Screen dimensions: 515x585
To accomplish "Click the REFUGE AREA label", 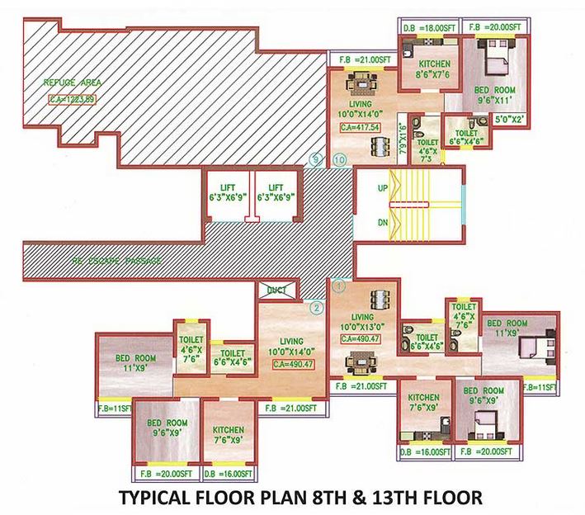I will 72,83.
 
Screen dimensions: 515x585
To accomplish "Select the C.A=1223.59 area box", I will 72,101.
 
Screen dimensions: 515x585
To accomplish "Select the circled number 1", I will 337,286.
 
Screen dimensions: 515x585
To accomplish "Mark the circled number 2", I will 314,309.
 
